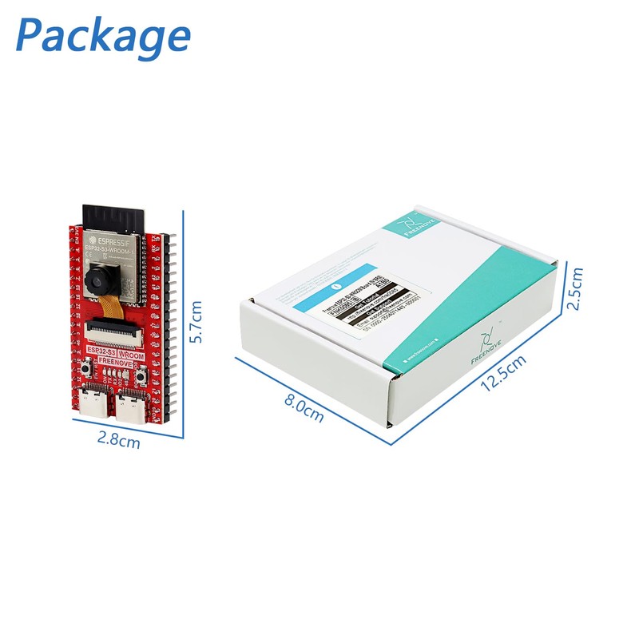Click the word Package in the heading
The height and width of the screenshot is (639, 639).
coord(103,36)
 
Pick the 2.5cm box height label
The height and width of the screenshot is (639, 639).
coord(574,288)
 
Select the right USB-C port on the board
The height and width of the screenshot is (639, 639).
coord(130,407)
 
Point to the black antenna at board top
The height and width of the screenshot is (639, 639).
coord(117,215)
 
